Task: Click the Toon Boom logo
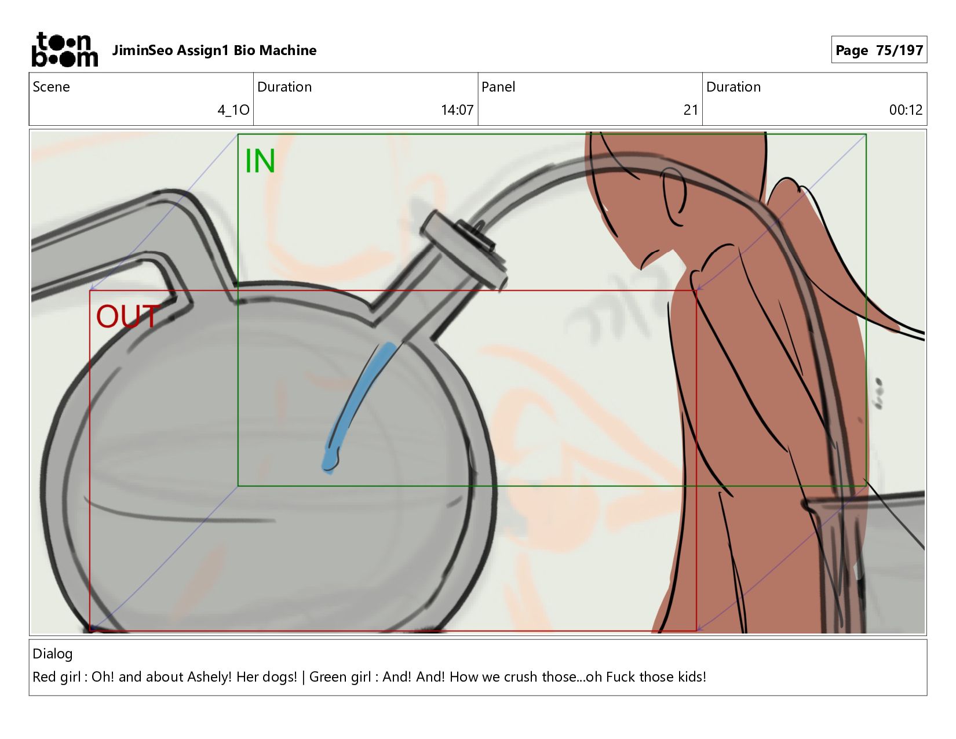64,50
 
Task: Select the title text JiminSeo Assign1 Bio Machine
214,50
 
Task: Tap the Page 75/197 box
878,50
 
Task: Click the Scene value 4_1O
233,110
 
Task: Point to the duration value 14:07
457,110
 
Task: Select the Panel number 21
691,110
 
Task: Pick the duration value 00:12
906,110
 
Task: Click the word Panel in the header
498,87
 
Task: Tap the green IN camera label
260,161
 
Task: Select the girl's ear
673,197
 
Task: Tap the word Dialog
53,654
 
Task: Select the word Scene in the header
51,87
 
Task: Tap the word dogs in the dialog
280,677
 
